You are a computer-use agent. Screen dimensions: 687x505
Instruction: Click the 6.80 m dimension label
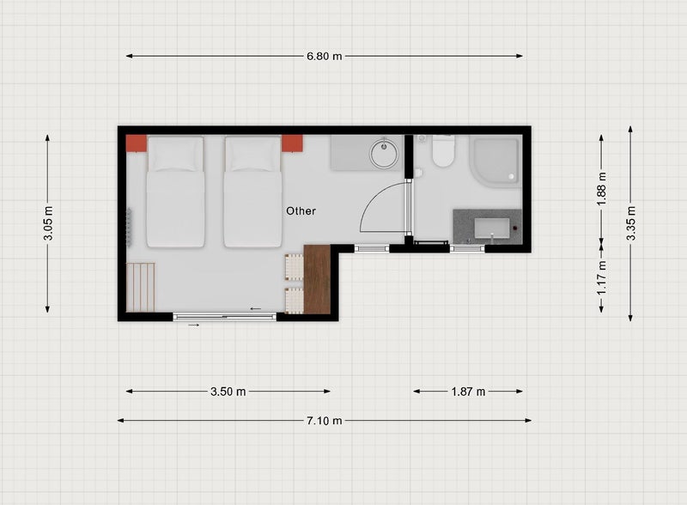tap(325, 56)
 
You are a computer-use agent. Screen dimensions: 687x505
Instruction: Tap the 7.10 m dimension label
tap(325, 421)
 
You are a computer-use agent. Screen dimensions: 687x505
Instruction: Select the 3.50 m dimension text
tap(228, 392)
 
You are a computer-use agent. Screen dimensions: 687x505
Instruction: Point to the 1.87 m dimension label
tap(468, 392)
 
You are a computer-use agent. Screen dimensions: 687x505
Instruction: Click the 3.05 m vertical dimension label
tap(48, 223)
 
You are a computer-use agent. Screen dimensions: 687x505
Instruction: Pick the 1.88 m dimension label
tap(602, 188)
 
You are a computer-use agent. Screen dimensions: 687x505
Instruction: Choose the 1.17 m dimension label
tap(602, 277)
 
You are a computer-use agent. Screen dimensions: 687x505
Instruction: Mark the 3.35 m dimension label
tap(631, 223)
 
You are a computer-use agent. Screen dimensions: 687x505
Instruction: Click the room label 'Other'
tap(301, 211)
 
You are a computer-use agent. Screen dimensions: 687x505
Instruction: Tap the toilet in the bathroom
tap(443, 150)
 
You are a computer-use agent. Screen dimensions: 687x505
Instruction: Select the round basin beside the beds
tap(384, 154)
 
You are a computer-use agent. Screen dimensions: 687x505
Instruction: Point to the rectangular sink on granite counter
tap(492, 228)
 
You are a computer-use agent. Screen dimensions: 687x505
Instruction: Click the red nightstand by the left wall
tap(137, 143)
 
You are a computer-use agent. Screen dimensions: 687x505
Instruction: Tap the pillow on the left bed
tap(175, 155)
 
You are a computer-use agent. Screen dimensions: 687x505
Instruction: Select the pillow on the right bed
tap(252, 155)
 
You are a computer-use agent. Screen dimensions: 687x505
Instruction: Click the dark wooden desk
tap(317, 279)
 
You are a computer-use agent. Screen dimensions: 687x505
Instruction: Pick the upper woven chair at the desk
tap(294, 267)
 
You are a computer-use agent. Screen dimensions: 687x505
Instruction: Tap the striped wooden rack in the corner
tap(141, 287)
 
